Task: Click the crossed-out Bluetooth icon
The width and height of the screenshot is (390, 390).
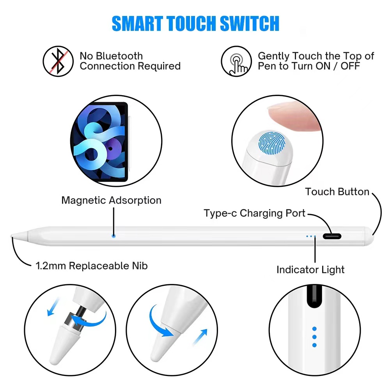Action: click(58, 61)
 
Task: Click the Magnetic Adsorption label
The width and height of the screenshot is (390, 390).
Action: click(111, 200)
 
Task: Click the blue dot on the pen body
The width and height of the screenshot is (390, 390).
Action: click(113, 236)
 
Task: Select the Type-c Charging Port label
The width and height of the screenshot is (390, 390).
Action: click(254, 213)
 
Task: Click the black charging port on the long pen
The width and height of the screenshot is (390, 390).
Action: click(332, 236)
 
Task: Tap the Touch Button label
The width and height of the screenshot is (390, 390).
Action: click(337, 191)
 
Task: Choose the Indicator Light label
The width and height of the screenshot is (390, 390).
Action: click(310, 269)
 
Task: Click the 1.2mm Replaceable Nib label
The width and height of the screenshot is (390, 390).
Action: click(92, 266)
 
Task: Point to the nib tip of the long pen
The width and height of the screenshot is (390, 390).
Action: click(12, 236)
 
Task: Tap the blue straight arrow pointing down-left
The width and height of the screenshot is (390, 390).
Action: click(52, 306)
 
